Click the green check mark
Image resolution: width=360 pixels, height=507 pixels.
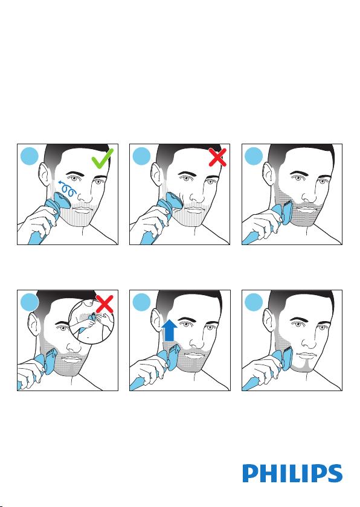tap(102, 159)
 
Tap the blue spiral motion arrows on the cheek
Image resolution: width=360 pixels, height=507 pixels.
tap(67, 188)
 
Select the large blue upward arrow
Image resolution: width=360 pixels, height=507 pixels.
tap(170, 330)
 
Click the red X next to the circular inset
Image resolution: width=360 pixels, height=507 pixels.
tap(104, 304)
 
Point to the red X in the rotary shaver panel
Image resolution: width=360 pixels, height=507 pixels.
tap(217, 157)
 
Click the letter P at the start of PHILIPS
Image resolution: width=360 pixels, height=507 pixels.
tap(250, 473)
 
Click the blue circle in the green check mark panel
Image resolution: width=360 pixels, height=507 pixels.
tap(30, 156)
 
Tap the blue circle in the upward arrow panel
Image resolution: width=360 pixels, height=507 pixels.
tap(141, 302)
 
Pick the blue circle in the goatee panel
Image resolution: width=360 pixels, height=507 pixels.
tap(254, 302)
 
